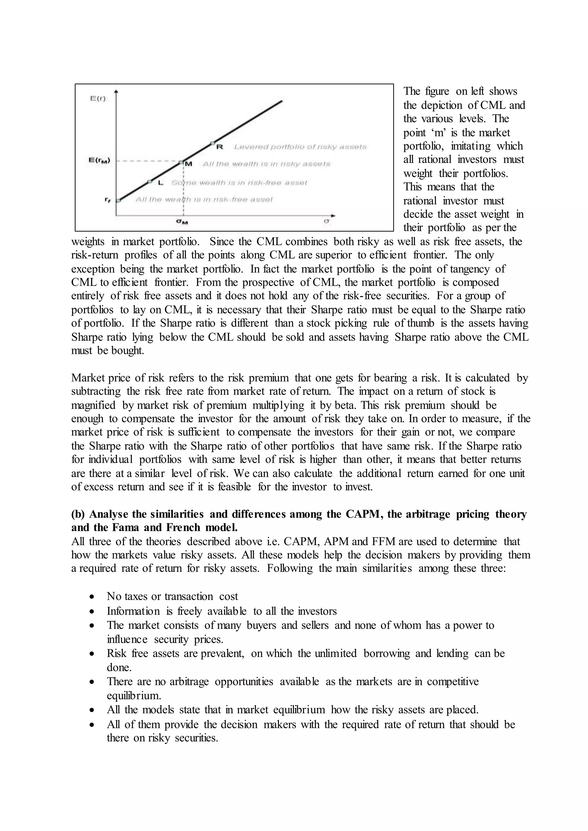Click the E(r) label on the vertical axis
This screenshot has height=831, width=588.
(98, 98)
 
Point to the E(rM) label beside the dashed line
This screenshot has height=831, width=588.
(100, 160)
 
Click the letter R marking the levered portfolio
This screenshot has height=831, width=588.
(219, 147)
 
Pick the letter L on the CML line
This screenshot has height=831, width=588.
(161, 183)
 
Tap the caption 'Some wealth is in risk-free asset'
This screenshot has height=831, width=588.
(239, 183)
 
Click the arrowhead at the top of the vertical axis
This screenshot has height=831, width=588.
(116, 92)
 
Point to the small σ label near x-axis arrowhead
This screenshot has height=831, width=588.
(326, 221)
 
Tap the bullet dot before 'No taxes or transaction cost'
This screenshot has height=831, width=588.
(93, 597)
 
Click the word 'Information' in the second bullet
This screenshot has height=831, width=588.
(133, 611)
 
